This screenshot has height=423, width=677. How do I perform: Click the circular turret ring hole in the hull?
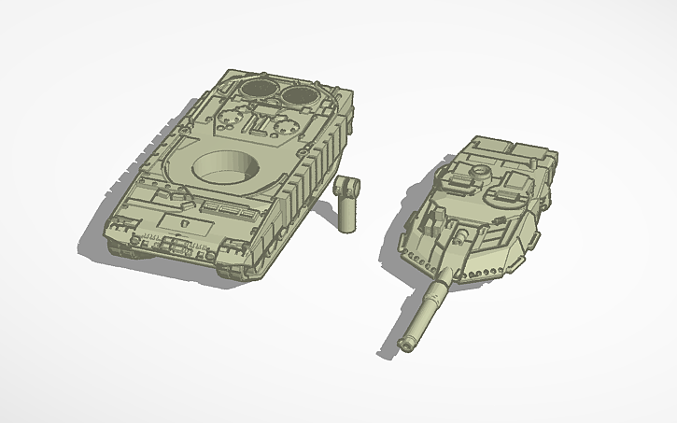click(x=225, y=168)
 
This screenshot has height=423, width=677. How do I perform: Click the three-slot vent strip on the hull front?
click(x=223, y=205)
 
